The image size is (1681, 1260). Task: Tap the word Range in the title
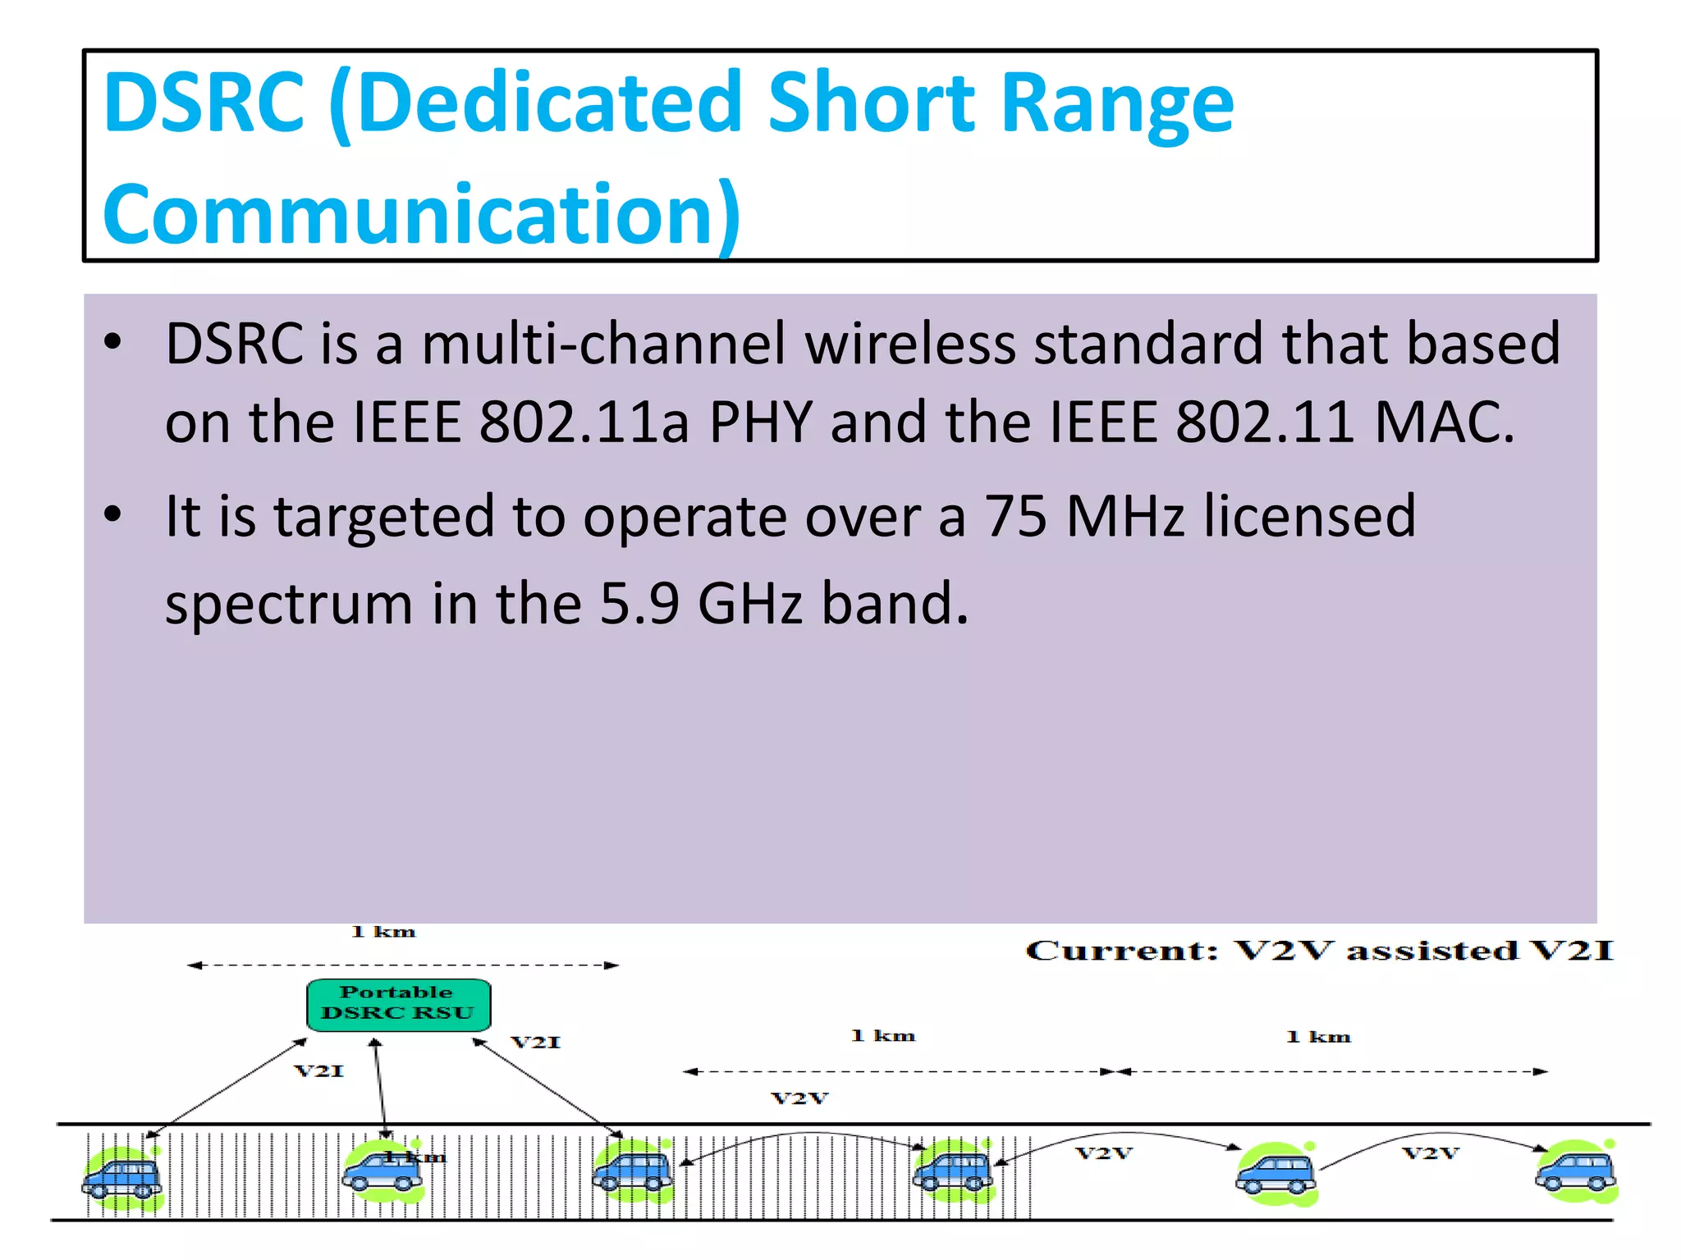[1117, 104]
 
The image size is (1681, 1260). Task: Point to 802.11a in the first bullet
[584, 422]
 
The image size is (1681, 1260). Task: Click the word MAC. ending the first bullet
[1444, 422]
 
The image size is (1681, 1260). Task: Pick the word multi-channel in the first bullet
[604, 344]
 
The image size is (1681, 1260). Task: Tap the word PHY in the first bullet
[760, 422]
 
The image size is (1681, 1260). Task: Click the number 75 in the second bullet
[1015, 517]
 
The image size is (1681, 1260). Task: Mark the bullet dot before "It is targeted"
[113, 515]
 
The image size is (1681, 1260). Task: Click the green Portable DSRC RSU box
[398, 1004]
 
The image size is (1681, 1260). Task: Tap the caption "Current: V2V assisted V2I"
[1319, 951]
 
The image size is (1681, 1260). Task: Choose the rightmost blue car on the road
[1574, 1172]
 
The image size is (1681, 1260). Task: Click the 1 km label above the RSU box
[383, 932]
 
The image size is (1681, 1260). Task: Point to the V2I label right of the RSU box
[536, 1043]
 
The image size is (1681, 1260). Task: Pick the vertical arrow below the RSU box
[379, 1087]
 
